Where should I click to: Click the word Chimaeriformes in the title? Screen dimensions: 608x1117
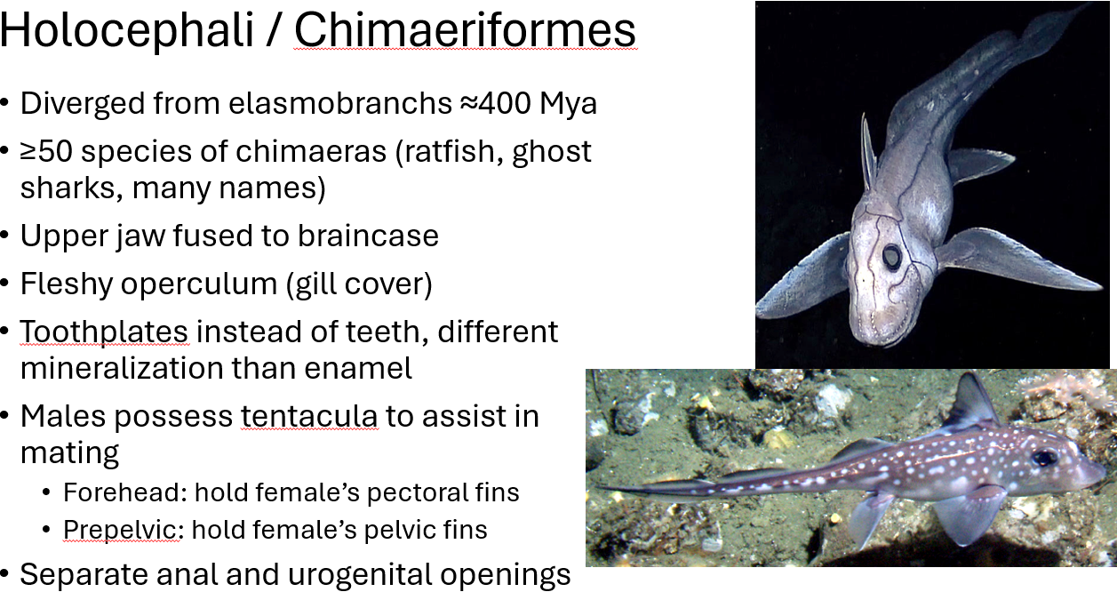(465, 30)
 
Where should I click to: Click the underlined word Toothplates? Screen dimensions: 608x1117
(104, 332)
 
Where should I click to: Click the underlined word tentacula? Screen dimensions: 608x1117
(309, 416)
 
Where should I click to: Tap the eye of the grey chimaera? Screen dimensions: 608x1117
(891, 257)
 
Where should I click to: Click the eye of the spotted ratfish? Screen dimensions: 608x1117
(1044, 458)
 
